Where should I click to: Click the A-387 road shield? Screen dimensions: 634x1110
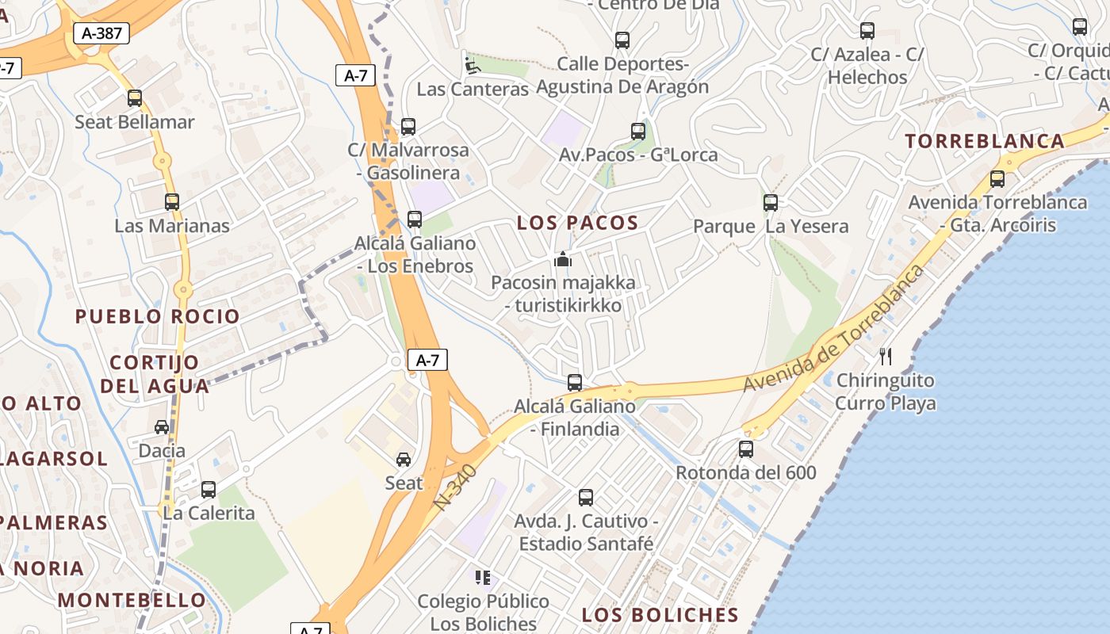(101, 33)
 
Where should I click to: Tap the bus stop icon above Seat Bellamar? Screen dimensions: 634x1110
(135, 98)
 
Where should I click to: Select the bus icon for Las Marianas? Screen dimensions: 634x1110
(172, 202)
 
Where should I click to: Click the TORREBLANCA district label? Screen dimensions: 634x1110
(985, 141)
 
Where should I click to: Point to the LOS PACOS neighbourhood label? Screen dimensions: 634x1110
(577, 223)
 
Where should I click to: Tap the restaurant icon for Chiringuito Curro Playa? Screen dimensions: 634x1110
(886, 357)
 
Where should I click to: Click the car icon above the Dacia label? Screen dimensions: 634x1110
(162, 427)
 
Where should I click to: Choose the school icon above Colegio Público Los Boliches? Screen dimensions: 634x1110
(482, 578)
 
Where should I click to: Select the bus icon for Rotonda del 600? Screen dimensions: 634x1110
(746, 449)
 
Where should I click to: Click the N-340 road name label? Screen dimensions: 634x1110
(457, 486)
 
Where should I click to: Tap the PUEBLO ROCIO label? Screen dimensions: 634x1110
(157, 316)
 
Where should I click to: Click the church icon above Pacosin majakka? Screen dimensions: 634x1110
(563, 259)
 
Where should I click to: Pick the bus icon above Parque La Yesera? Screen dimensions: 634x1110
(771, 202)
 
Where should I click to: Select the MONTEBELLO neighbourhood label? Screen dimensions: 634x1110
(132, 600)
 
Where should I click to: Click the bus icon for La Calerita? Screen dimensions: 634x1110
(209, 490)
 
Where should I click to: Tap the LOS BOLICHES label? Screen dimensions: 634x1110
(660, 615)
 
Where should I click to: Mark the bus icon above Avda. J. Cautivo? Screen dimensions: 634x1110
(586, 498)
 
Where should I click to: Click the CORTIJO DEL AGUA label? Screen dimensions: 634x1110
(155, 374)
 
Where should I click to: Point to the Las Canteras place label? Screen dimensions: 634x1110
(473, 89)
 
